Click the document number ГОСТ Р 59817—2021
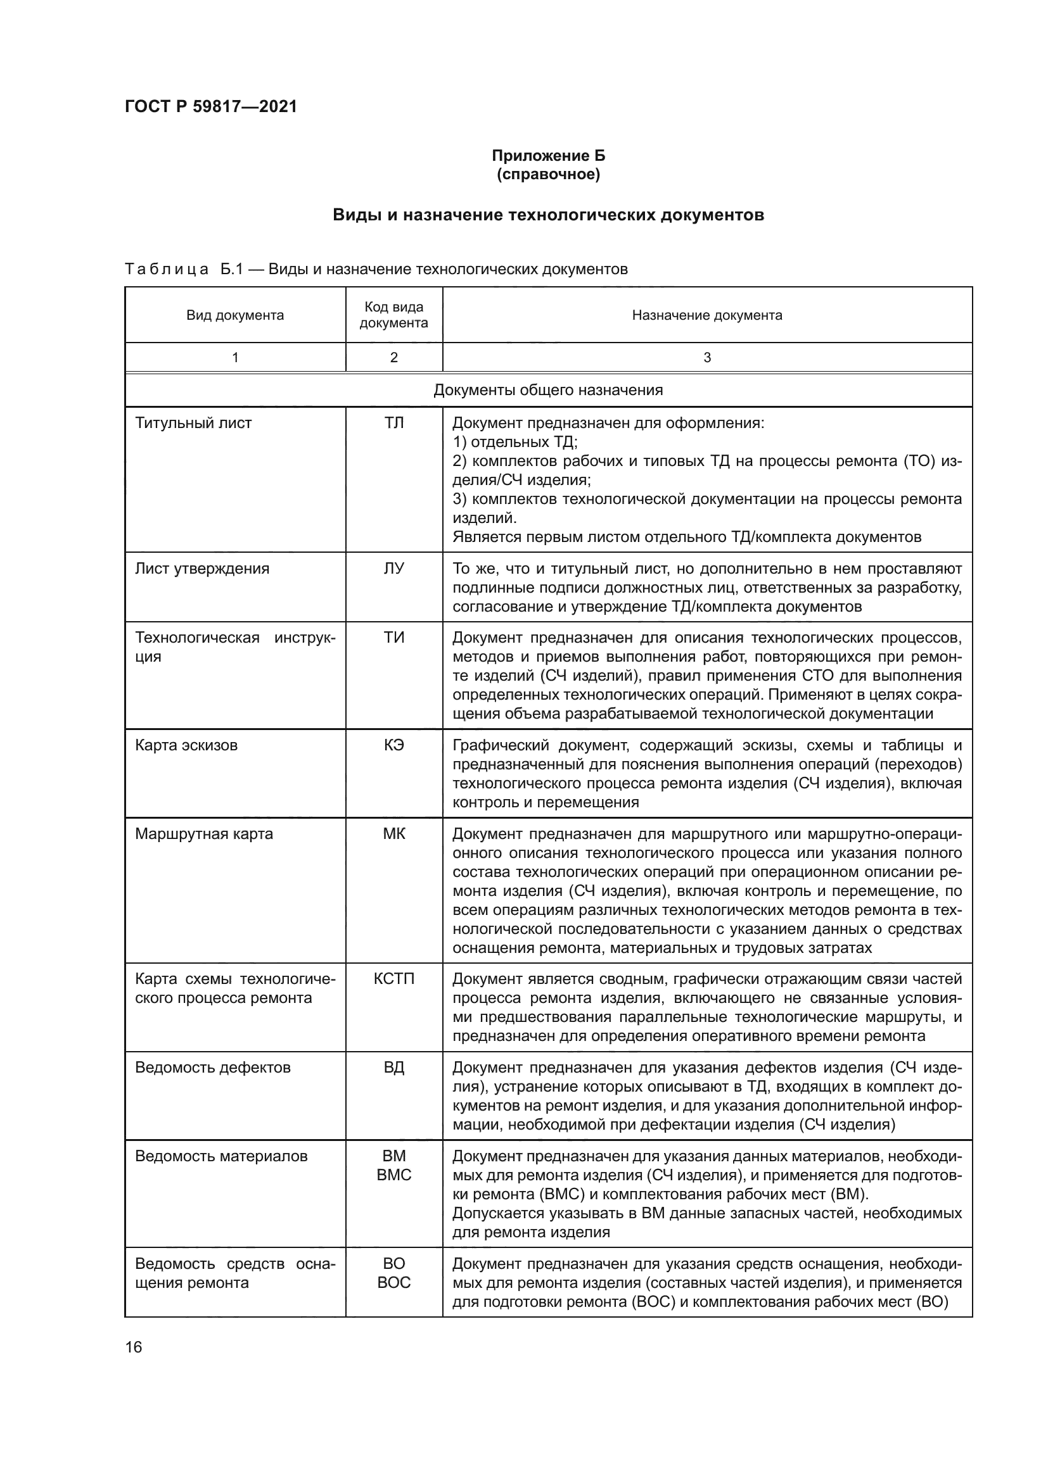pyautogui.click(x=210, y=106)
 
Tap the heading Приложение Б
pyautogui.click(x=548, y=156)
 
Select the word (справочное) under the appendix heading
pyautogui.click(x=548, y=174)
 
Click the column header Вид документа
pyautogui.click(x=235, y=315)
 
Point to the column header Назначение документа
pyautogui.click(x=706, y=315)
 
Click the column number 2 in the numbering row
pyautogui.click(x=393, y=357)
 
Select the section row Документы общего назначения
pyautogui.click(x=548, y=390)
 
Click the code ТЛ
pyautogui.click(x=393, y=423)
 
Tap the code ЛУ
pyautogui.click(x=393, y=568)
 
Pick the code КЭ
pyautogui.click(x=393, y=745)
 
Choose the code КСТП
pyautogui.click(x=393, y=978)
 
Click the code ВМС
pyautogui.click(x=393, y=1175)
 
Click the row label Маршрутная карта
pyautogui.click(x=204, y=833)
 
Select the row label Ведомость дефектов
pyautogui.click(x=213, y=1067)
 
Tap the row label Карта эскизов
pyautogui.click(x=186, y=745)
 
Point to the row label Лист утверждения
pyautogui.click(x=202, y=568)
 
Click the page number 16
pyautogui.click(x=134, y=1347)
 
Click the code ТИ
pyautogui.click(x=393, y=638)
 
